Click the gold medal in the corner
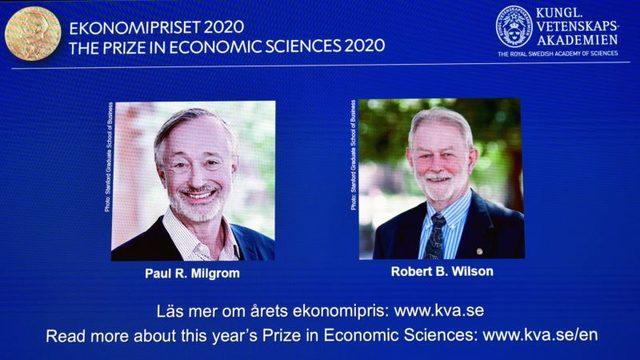tap(32, 31)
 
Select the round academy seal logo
tap(513, 25)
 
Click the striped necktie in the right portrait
tap(437, 236)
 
